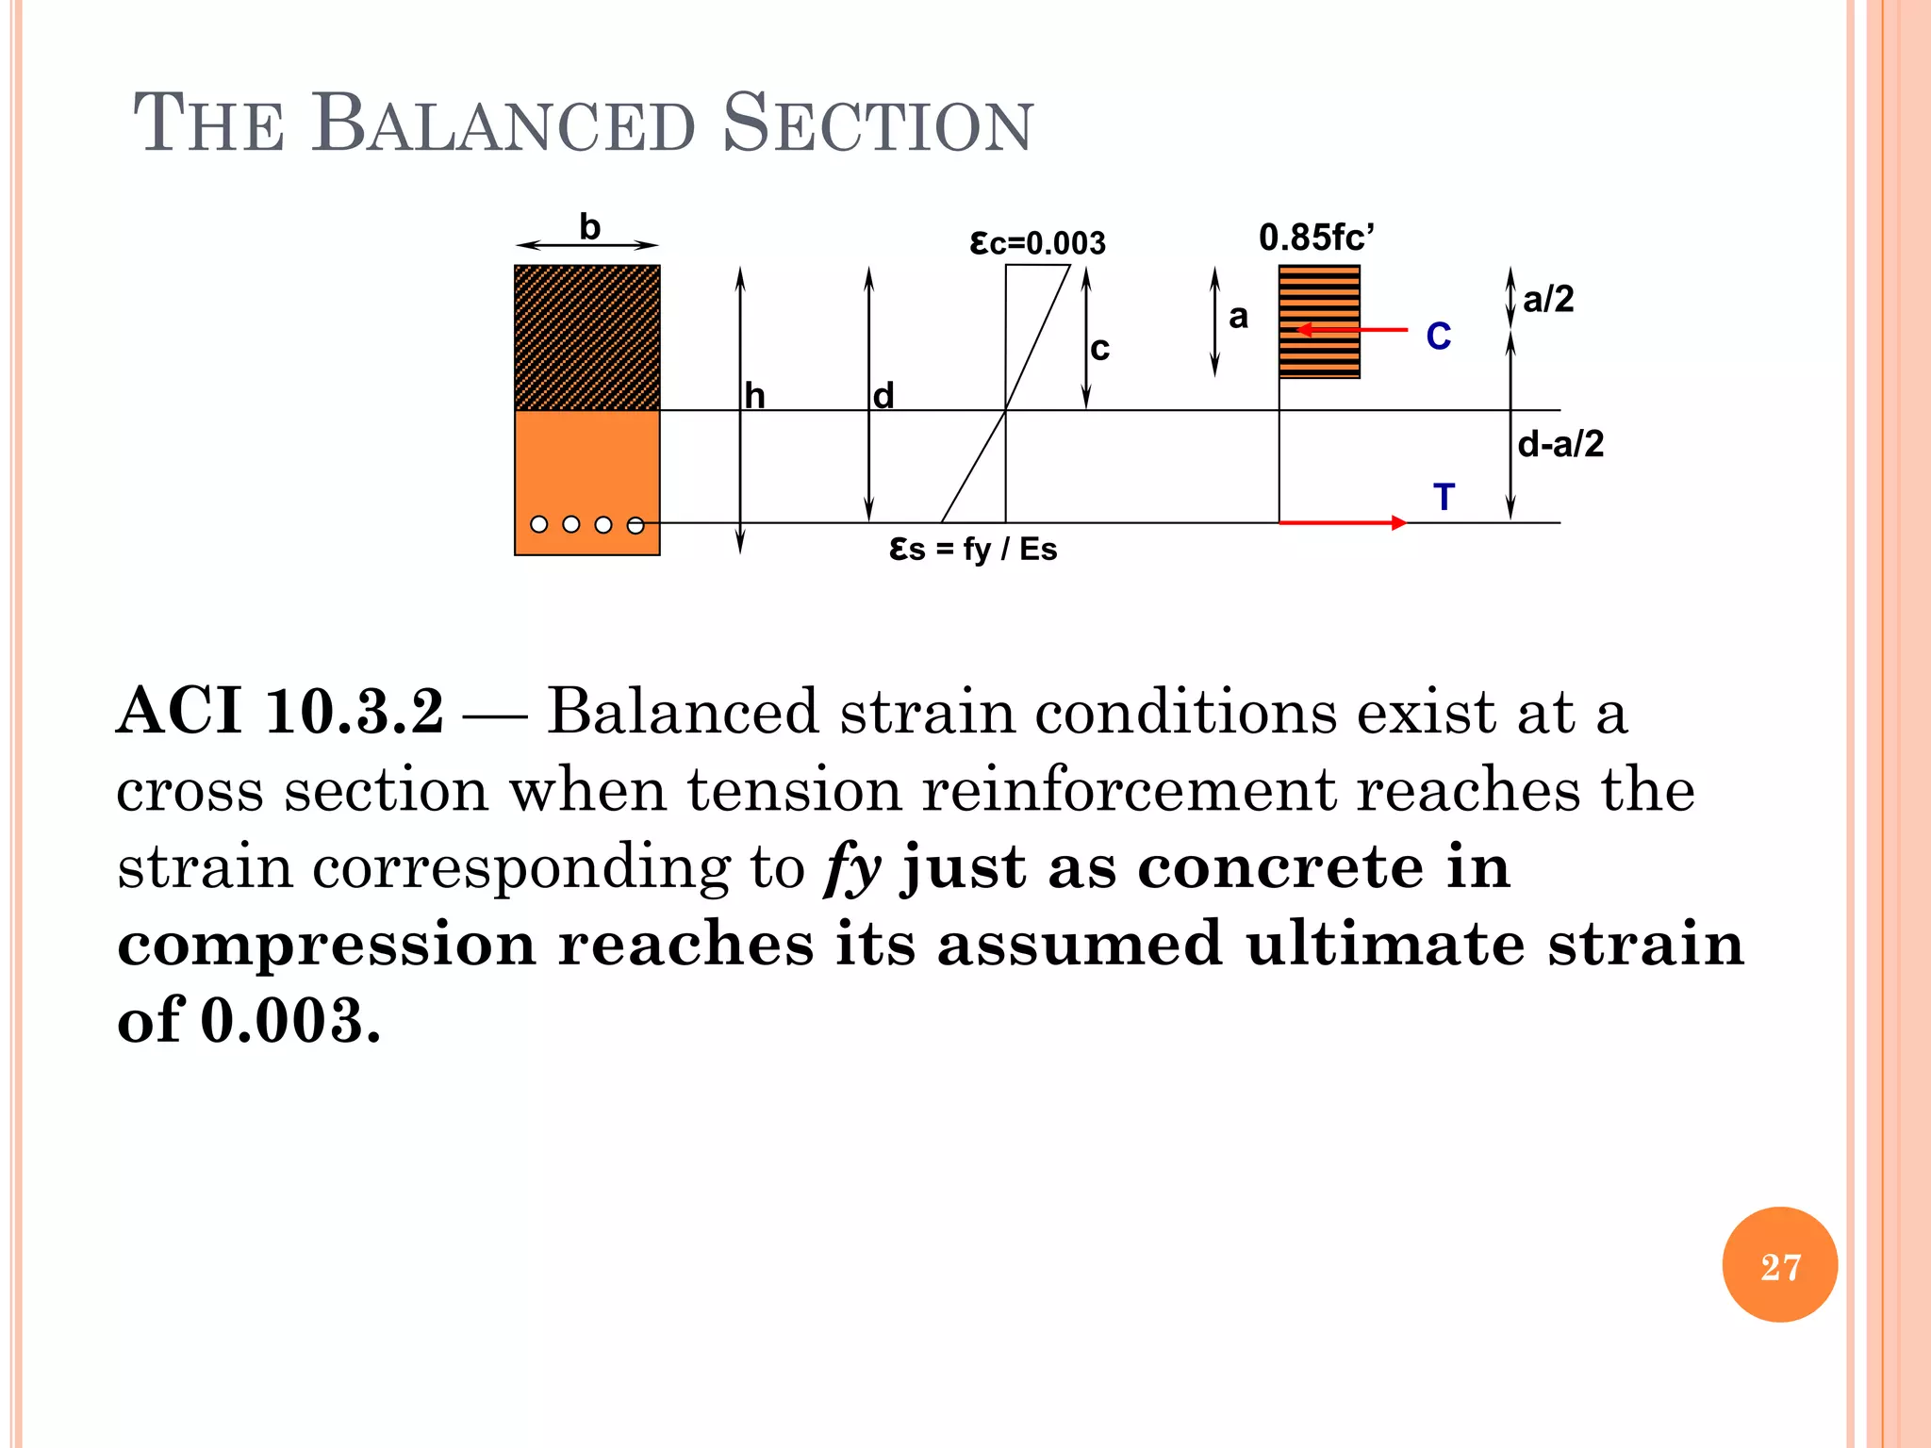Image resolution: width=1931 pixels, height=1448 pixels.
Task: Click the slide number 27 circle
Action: pos(1779,1264)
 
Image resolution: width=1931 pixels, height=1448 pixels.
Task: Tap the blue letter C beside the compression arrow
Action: pos(1438,337)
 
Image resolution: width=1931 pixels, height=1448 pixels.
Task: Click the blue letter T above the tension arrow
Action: pos(1444,497)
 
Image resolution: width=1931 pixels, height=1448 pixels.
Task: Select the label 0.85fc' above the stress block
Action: pos(1316,238)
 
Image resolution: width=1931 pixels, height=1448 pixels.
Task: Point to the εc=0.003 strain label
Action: pos(1037,243)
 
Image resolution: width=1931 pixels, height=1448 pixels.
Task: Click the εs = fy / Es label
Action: pos(973,549)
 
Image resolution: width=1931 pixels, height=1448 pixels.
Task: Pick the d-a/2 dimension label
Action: pos(1560,444)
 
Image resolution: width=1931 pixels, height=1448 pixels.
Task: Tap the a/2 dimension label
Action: pos(1548,300)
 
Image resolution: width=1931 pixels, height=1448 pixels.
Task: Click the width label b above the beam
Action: pos(589,227)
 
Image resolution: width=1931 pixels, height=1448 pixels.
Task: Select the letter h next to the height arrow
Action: pos(754,396)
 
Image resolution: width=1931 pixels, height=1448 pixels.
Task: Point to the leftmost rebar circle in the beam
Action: pos(539,524)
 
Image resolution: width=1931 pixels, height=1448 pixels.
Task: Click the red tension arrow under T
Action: pos(1343,522)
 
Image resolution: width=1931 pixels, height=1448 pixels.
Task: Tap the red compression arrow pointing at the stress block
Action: pos(1352,330)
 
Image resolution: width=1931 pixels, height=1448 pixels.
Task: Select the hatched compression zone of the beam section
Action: pos(586,337)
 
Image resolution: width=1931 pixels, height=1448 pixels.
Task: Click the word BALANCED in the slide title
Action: pos(504,124)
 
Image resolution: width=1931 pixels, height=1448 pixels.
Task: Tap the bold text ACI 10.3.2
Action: pos(280,711)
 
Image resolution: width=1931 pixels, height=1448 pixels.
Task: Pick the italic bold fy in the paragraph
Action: pos(852,868)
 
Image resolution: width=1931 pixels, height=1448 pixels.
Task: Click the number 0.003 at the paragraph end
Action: pos(290,1021)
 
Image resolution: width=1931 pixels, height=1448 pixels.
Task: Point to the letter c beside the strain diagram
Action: pos(1099,349)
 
